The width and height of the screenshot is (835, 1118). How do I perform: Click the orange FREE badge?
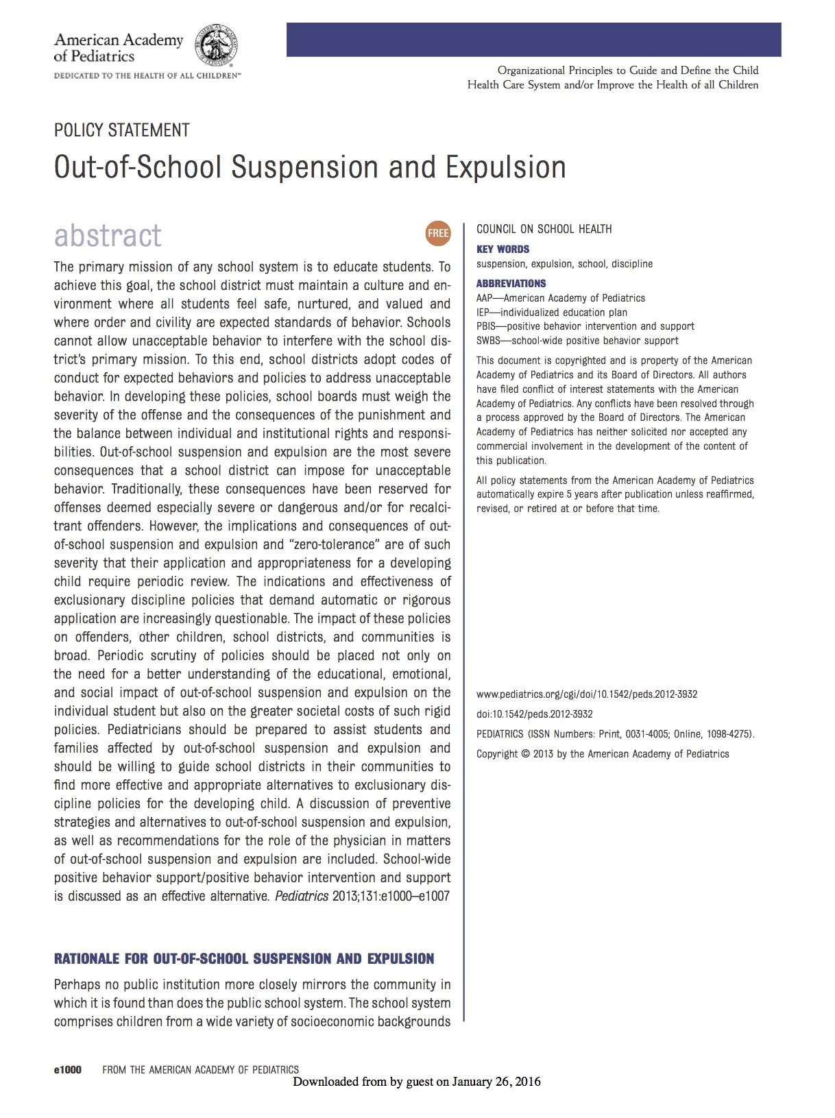click(438, 233)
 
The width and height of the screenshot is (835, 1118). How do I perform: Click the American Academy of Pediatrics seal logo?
click(217, 45)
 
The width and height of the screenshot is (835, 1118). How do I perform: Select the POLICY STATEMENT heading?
click(122, 130)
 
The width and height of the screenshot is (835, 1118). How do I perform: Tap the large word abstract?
click(108, 235)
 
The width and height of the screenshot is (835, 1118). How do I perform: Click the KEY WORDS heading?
click(503, 250)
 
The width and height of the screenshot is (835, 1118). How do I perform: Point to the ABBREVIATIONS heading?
click(511, 284)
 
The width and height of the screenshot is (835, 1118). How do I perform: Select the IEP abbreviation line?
click(551, 313)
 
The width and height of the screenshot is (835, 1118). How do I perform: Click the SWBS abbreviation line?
click(577, 341)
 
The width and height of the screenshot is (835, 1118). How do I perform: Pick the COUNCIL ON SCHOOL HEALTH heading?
click(544, 229)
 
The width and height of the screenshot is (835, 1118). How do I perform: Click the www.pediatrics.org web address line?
click(586, 694)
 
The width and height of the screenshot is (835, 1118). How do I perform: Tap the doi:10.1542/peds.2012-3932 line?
click(534, 714)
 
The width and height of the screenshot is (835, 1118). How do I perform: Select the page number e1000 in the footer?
click(67, 1069)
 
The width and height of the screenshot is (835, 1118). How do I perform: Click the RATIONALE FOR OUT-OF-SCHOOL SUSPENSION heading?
click(244, 959)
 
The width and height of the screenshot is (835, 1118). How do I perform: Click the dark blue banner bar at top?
click(533, 40)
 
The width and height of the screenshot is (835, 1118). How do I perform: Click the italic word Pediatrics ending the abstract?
click(301, 897)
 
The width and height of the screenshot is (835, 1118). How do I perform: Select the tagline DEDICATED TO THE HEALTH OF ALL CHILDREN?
click(147, 75)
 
